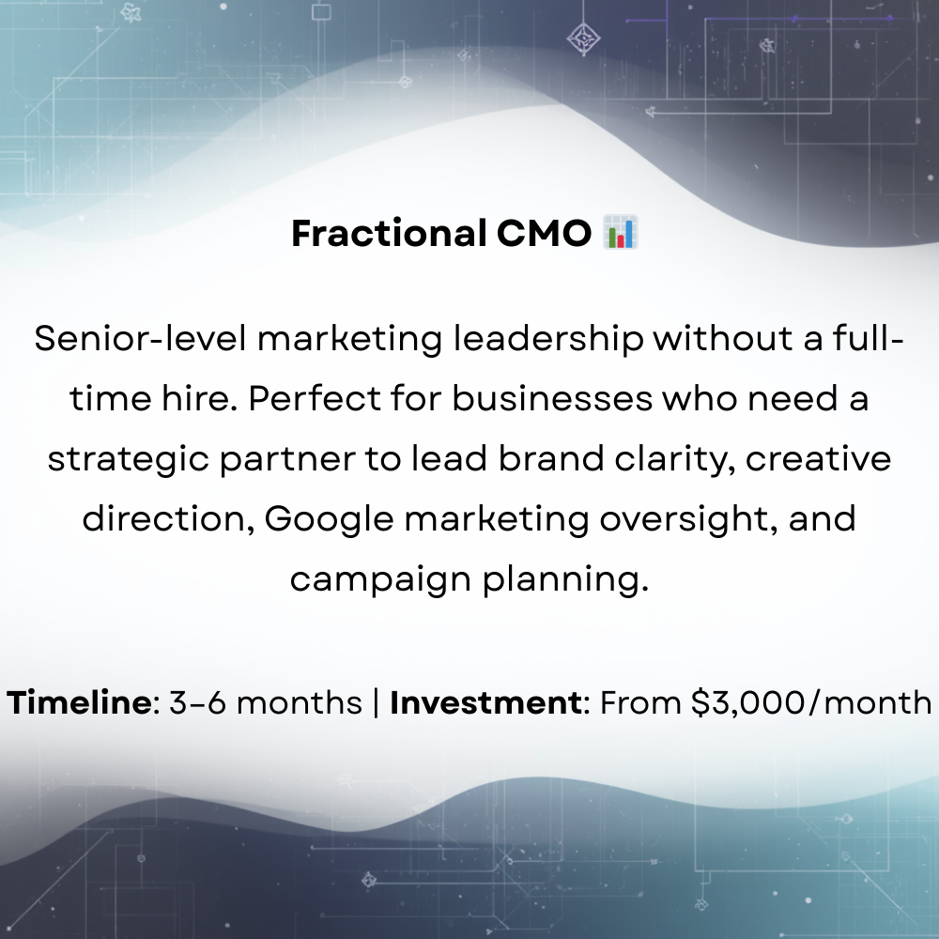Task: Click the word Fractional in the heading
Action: (x=387, y=233)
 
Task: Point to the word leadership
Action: (x=548, y=339)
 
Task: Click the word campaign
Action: (x=380, y=579)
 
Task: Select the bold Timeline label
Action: (x=80, y=702)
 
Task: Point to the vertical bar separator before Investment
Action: (x=377, y=702)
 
